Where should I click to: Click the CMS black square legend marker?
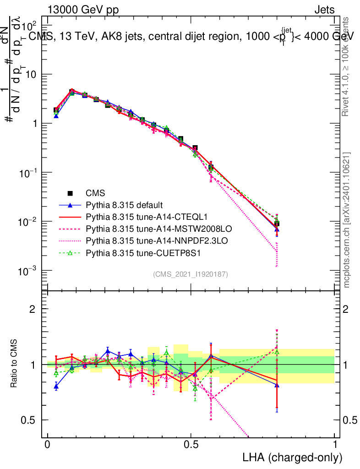coord(70,192)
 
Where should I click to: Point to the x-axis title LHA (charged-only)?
coord(293,457)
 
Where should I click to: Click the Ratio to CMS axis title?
coord(15,364)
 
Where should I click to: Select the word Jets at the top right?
coord(324,10)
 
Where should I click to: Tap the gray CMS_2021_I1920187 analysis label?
coord(191,274)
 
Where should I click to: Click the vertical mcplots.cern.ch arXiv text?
coord(347,220)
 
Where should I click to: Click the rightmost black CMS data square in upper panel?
coord(277,224)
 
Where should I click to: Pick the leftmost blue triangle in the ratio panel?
coord(56,387)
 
